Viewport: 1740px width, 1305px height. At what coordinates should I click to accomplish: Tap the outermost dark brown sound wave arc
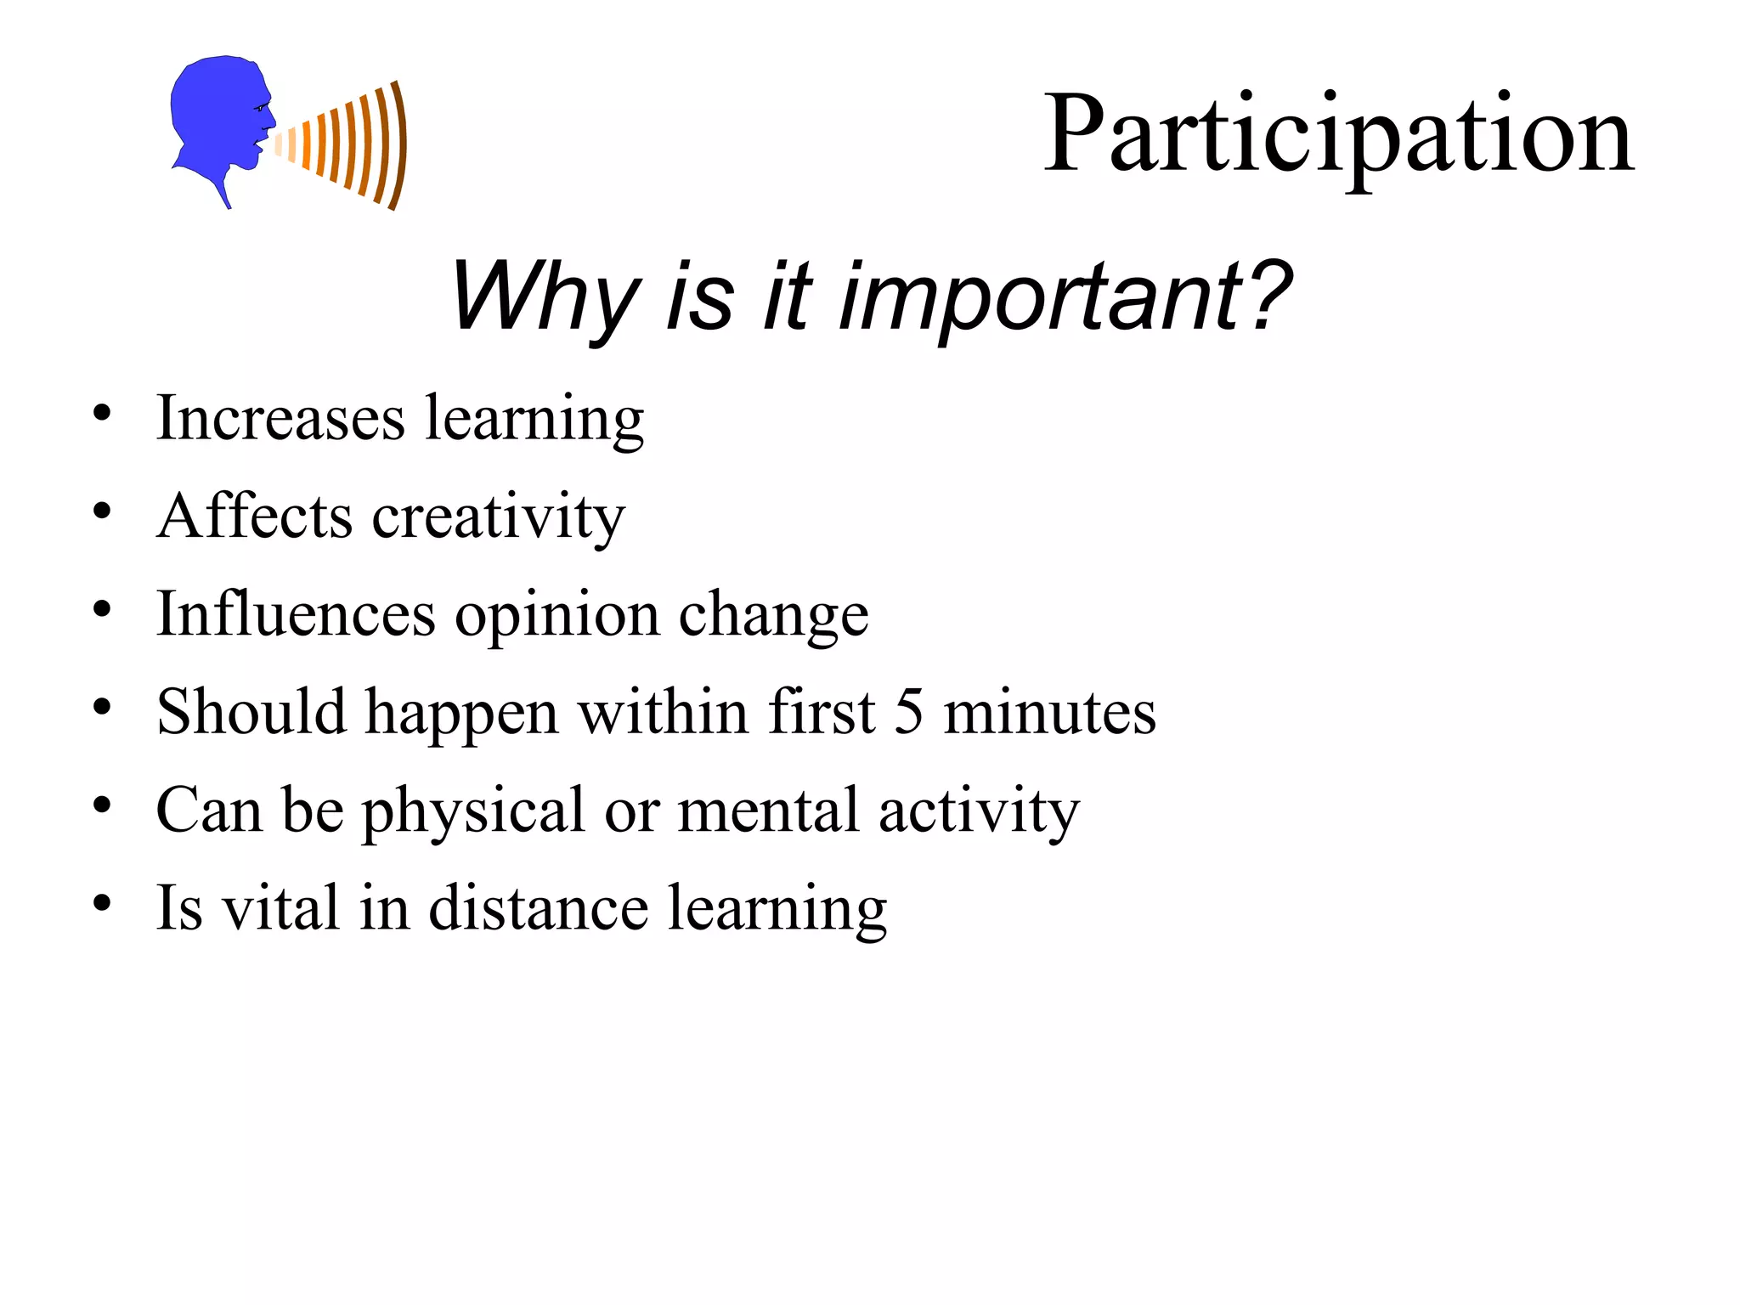[399, 144]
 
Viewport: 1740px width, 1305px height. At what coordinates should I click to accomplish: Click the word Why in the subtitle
[544, 297]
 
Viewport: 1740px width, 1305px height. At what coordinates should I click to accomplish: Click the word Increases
[280, 418]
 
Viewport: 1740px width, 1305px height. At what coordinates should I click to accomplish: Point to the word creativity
[499, 517]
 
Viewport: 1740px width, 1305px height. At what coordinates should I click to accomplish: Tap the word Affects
[254, 517]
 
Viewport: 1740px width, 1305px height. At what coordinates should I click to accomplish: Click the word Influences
[296, 614]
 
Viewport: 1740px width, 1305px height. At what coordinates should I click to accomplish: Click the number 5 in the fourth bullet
[908, 712]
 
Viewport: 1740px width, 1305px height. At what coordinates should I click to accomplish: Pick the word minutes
[1049, 712]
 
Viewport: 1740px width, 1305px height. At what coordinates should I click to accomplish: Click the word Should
[251, 712]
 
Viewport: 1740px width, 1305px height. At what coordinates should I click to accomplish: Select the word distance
[539, 908]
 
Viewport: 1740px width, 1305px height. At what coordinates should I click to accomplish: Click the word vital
[280, 908]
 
